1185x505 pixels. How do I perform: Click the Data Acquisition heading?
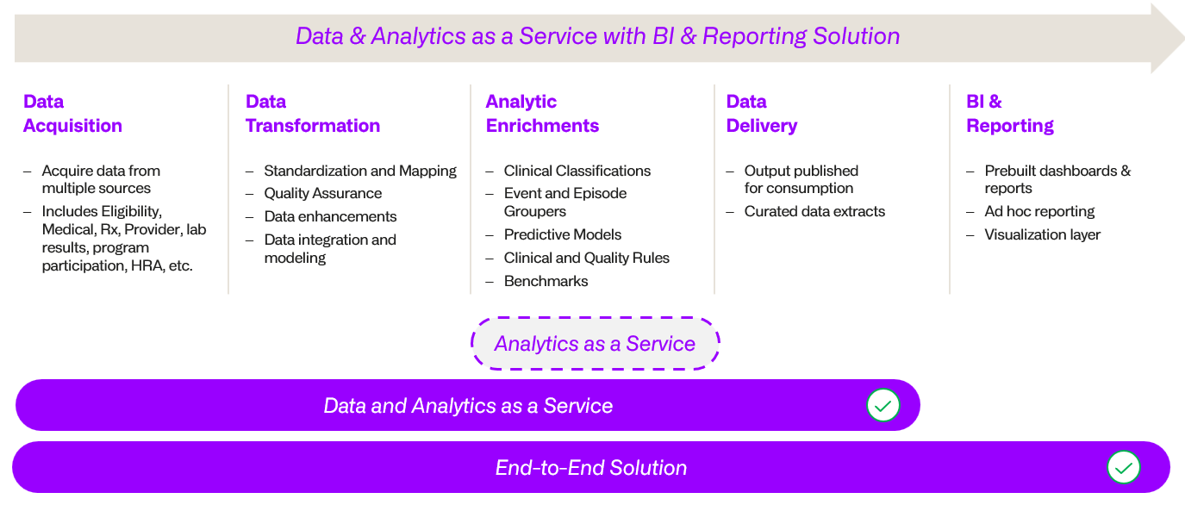tap(72, 114)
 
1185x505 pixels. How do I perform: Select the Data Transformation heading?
tap(312, 114)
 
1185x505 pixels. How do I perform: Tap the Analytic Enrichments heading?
tap(542, 114)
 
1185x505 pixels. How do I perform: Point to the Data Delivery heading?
tap(761, 114)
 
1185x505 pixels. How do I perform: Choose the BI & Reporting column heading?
tap(1009, 114)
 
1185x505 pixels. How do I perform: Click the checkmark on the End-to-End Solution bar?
tap(1123, 468)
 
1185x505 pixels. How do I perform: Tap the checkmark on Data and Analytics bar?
tap(883, 405)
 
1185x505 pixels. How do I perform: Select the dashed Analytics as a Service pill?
tap(595, 344)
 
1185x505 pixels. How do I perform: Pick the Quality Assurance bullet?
tap(322, 194)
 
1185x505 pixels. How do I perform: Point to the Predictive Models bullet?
tap(562, 234)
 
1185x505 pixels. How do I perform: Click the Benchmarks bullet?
tap(546, 281)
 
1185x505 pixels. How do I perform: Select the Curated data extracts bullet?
tap(814, 211)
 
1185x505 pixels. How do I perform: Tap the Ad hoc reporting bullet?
tap(1039, 211)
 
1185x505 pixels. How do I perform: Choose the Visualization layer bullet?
tap(1042, 234)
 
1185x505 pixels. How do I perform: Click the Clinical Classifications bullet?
tap(577, 171)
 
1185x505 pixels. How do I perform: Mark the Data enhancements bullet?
tap(330, 216)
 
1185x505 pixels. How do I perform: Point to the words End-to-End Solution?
tap(590, 468)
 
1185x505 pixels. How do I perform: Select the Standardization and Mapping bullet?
tap(359, 171)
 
